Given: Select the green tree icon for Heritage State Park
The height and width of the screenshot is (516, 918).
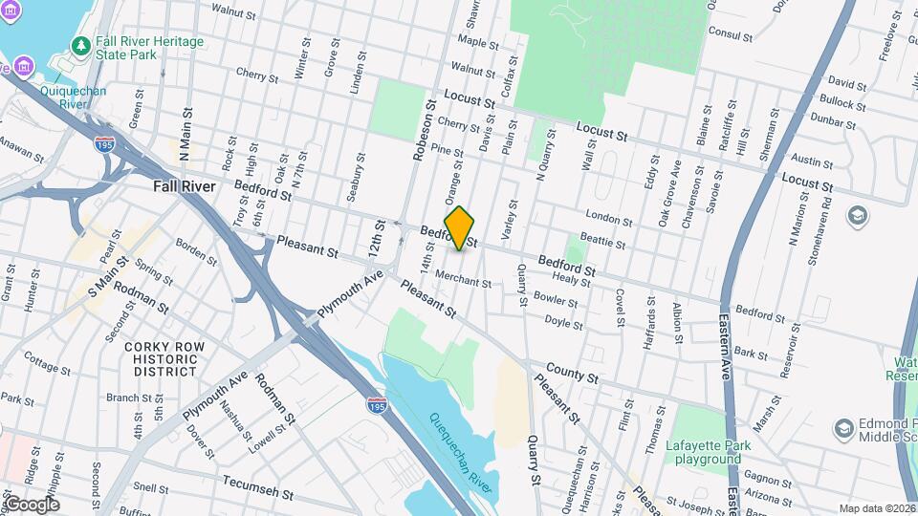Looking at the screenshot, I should pos(82,46).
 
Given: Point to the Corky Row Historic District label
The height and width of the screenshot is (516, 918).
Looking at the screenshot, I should pos(165,358).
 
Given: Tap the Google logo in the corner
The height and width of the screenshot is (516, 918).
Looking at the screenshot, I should pos(31,505).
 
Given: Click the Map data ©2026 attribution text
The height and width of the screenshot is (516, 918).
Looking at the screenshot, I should pos(876,508).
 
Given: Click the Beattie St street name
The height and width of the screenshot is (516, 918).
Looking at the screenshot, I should pos(605,244).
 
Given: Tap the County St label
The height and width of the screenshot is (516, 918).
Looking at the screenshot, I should pos(571,373).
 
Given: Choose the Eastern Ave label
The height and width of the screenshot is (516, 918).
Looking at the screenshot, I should pos(724,344).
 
